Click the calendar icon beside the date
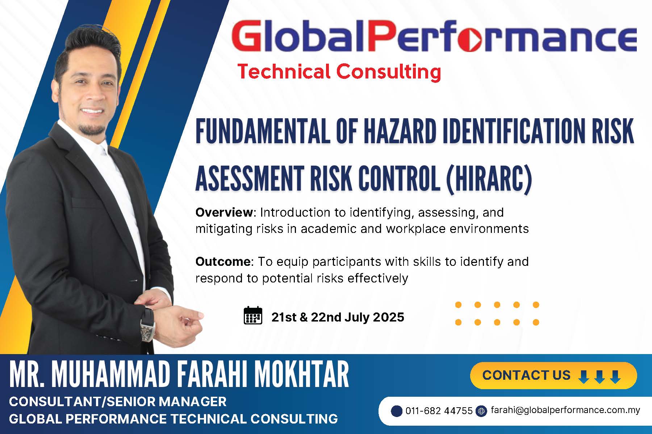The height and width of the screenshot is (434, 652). pos(253,315)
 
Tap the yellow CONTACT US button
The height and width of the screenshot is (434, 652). pos(553,375)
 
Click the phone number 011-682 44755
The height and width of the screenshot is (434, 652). pos(439,411)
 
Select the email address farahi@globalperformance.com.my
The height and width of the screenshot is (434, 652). pos(565,410)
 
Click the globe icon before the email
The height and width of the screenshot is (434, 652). pos(481,411)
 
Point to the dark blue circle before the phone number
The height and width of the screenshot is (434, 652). pos(397,411)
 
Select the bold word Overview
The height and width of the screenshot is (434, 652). pos(224,212)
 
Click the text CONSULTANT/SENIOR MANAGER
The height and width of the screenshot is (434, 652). pos(118,401)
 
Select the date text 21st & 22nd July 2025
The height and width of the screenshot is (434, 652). pos(338,317)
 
